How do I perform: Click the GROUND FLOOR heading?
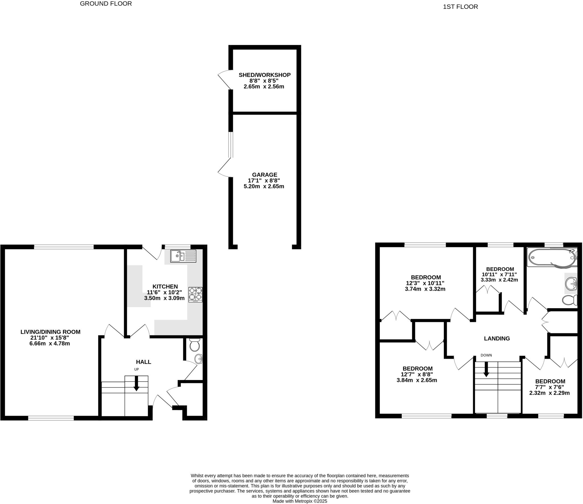tap(106, 4)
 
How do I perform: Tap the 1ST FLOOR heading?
tap(460, 7)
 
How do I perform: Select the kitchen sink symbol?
tap(183, 256)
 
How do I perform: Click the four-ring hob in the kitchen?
tap(195, 294)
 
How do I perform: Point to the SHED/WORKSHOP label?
tap(264, 75)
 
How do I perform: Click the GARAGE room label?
tap(264, 175)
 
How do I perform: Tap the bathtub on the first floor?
tap(551, 257)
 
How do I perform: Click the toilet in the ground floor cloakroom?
tap(195, 345)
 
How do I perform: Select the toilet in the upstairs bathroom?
tap(569, 300)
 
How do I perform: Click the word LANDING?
tap(497, 338)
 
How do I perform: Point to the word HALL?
tap(143, 362)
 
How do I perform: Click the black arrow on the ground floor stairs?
tap(136, 383)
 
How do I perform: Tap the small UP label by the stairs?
tap(136, 369)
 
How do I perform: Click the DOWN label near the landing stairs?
tap(486, 355)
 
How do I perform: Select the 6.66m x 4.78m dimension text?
tap(50, 344)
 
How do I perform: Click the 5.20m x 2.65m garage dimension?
tap(264, 187)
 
